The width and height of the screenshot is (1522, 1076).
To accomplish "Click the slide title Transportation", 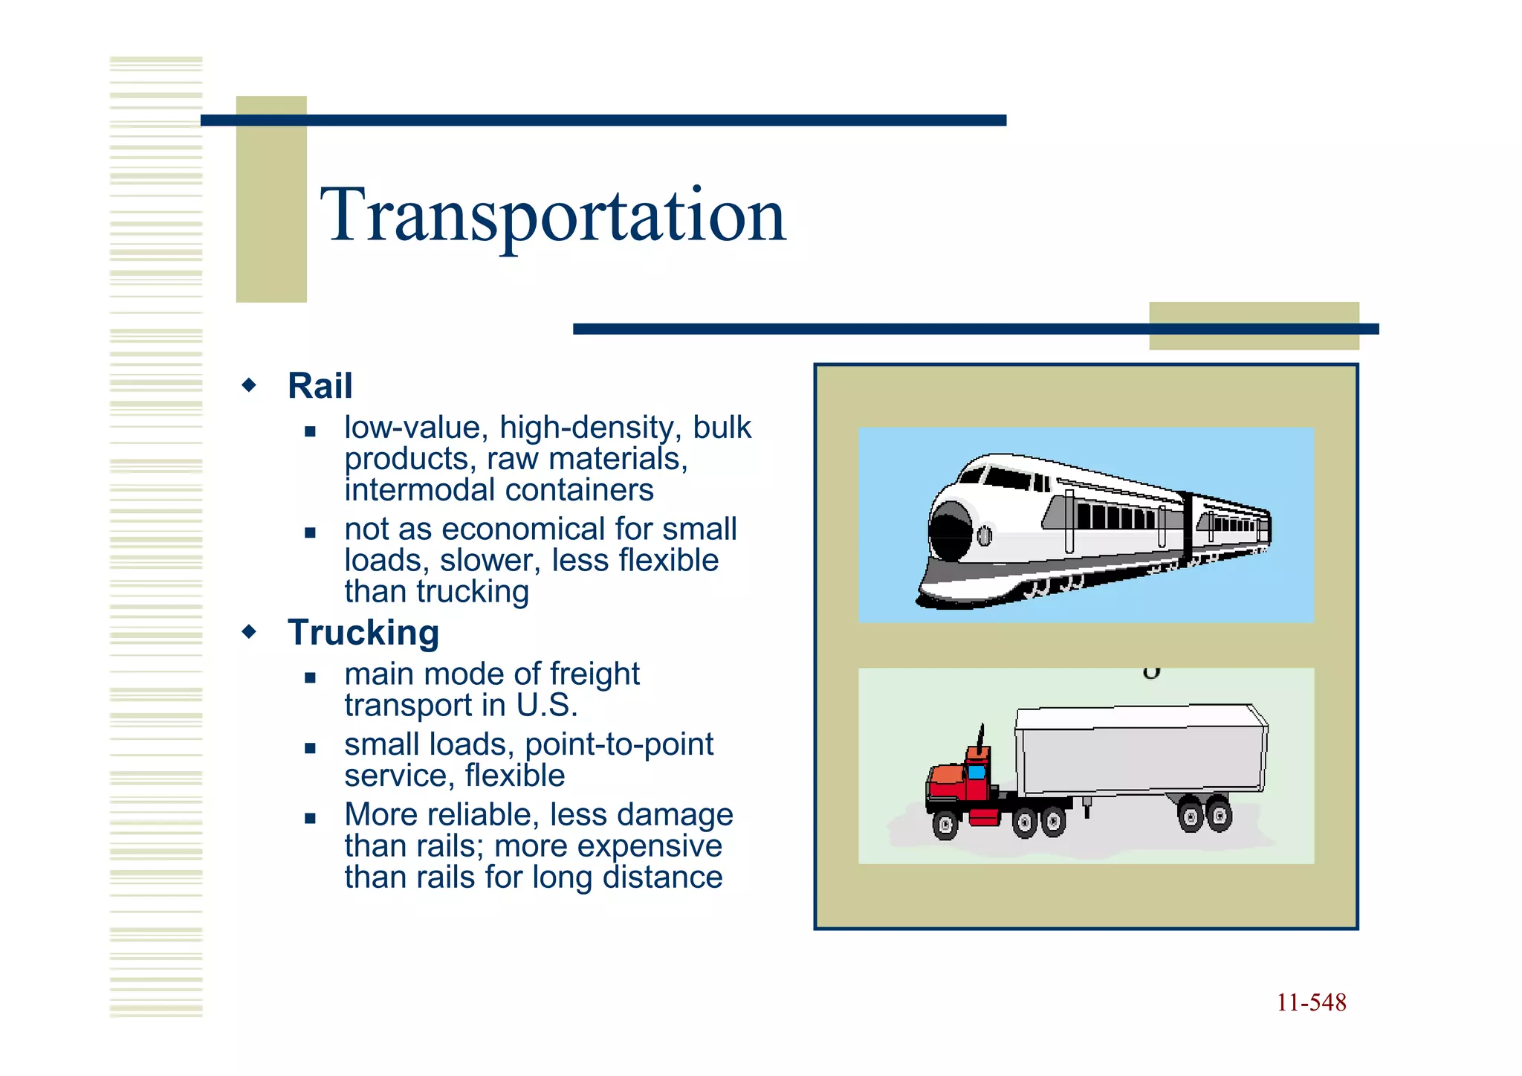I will [553, 216].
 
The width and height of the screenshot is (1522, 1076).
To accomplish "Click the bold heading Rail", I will [320, 386].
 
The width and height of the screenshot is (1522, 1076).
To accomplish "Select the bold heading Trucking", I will [363, 633].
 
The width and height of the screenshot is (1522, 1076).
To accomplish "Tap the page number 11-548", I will [1311, 1002].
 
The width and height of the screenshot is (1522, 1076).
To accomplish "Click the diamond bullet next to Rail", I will [250, 385].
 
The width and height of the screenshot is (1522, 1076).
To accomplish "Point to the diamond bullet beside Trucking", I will [250, 632].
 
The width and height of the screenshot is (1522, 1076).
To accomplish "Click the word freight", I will [595, 674].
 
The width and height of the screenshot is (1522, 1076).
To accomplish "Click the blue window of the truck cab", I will [977, 772].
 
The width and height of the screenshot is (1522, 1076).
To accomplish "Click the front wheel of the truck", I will [945, 825].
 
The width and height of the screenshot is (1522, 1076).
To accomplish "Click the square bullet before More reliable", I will [311, 819].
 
